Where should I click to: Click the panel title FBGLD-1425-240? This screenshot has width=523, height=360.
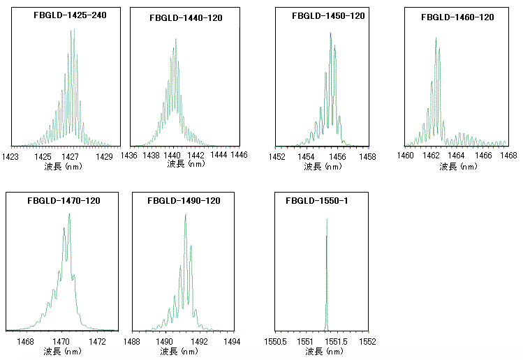coord(65,15)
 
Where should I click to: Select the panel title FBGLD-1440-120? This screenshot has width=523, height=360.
coord(186,17)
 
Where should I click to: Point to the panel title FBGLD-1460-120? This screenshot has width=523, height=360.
coord(457,17)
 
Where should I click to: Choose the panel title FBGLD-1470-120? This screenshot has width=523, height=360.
coord(64,201)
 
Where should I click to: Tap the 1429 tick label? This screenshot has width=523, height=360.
coord(104,157)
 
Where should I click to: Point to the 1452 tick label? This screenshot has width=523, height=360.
coord(278,157)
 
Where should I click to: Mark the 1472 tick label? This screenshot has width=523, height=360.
coord(97,342)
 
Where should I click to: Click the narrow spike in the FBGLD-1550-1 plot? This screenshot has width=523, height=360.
coord(327,272)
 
